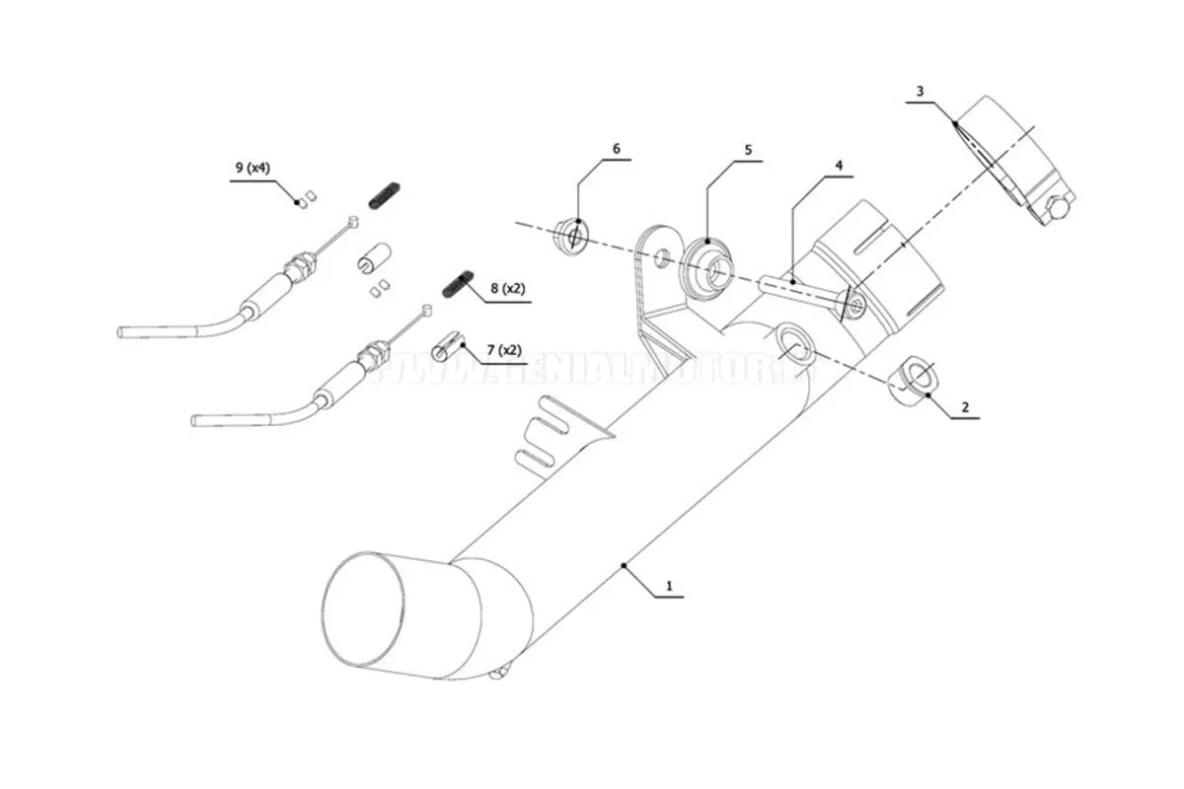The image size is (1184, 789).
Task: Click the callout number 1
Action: click(x=669, y=585)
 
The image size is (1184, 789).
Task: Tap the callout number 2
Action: click(x=965, y=406)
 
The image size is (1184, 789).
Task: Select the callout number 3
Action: click(x=920, y=92)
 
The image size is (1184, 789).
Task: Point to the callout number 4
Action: click(x=839, y=166)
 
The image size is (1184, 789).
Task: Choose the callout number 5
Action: click(x=748, y=150)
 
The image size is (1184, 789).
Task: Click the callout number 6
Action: click(x=617, y=149)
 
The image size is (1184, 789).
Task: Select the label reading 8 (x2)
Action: click(x=508, y=289)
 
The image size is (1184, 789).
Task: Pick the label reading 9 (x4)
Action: click(x=253, y=169)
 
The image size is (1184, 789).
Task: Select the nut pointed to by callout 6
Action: click(x=571, y=235)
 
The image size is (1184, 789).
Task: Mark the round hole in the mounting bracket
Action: click(x=660, y=258)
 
